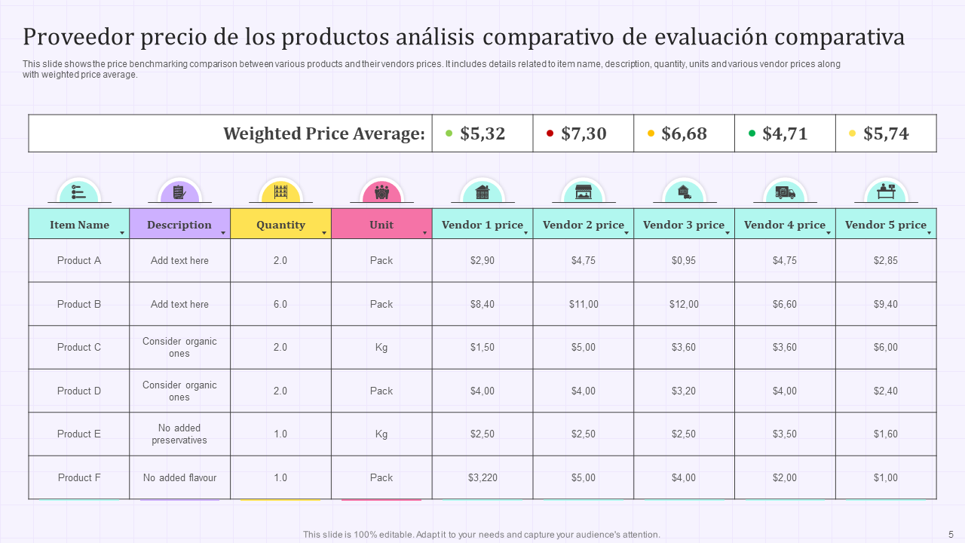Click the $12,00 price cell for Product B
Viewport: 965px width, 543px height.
tap(684, 304)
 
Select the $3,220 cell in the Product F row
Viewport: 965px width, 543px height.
tap(482, 477)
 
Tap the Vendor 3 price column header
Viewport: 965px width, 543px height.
tap(683, 225)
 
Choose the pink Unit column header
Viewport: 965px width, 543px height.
tap(381, 225)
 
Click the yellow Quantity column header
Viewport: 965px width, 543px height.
tap(280, 225)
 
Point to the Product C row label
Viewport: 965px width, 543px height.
tap(79, 348)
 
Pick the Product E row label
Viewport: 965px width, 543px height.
tap(79, 434)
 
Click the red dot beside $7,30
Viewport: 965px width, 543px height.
tap(550, 133)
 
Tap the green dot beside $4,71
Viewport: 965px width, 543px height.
tap(752, 133)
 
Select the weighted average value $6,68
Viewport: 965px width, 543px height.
tap(684, 133)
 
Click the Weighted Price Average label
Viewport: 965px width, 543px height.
tap(324, 133)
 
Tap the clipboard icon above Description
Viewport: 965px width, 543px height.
tap(179, 192)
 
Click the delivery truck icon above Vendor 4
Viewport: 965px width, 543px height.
tap(785, 192)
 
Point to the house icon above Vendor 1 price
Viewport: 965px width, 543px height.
tap(482, 192)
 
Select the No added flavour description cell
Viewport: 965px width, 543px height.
tap(179, 477)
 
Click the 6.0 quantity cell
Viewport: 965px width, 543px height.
tap(280, 304)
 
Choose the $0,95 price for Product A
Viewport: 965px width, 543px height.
tap(684, 260)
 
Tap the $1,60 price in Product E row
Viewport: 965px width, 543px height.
tap(886, 434)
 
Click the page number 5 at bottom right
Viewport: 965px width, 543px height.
tap(951, 534)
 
